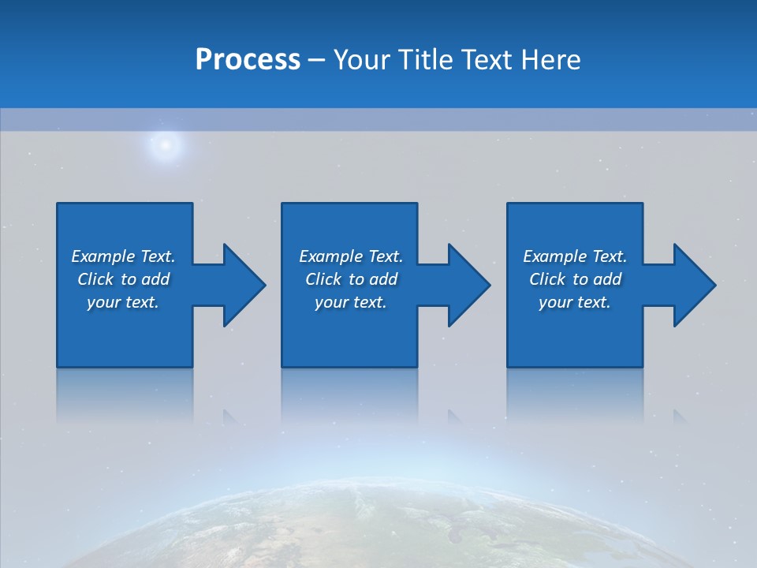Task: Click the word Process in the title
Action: (248, 60)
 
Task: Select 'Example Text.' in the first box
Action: (123, 256)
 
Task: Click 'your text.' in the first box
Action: (123, 302)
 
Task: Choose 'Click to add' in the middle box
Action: (351, 279)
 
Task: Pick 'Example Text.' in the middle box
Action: (351, 256)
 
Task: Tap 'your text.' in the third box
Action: (575, 302)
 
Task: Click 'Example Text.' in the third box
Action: (575, 256)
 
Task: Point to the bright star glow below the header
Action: (165, 144)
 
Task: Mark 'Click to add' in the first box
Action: (123, 279)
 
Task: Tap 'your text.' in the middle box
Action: (351, 302)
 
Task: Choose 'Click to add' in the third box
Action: (575, 279)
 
